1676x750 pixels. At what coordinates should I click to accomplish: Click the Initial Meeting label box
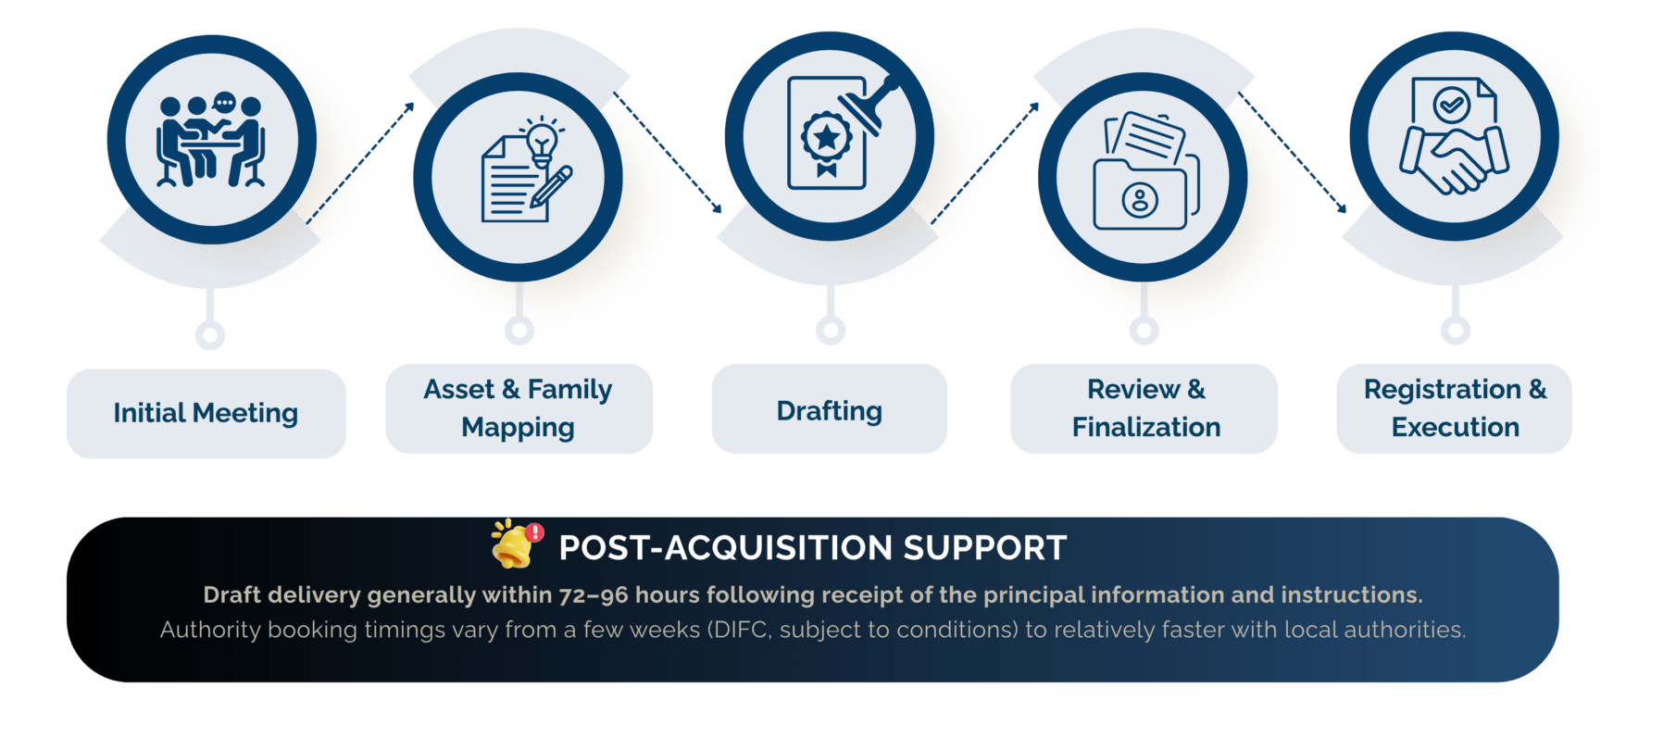point(206,413)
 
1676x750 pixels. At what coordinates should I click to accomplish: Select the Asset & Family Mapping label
point(519,408)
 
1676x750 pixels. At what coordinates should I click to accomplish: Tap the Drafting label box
point(830,408)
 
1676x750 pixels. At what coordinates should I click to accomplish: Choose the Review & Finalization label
point(1144,408)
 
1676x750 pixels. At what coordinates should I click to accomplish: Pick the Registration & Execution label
point(1455,408)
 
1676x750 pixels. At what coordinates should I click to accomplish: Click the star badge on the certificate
point(826,138)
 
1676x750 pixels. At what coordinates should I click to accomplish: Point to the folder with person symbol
point(1140,195)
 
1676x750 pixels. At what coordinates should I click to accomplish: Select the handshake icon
point(1454,158)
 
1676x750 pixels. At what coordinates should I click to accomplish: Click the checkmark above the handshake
point(1452,105)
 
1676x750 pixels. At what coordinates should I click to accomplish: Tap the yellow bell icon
point(515,544)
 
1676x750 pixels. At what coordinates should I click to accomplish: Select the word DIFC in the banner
point(740,631)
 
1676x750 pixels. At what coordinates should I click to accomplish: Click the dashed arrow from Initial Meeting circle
point(360,163)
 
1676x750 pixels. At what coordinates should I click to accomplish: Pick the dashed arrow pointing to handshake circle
point(1293,153)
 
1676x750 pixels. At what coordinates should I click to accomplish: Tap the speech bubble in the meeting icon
point(224,102)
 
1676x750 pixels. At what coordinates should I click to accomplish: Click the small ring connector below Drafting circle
point(831,330)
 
